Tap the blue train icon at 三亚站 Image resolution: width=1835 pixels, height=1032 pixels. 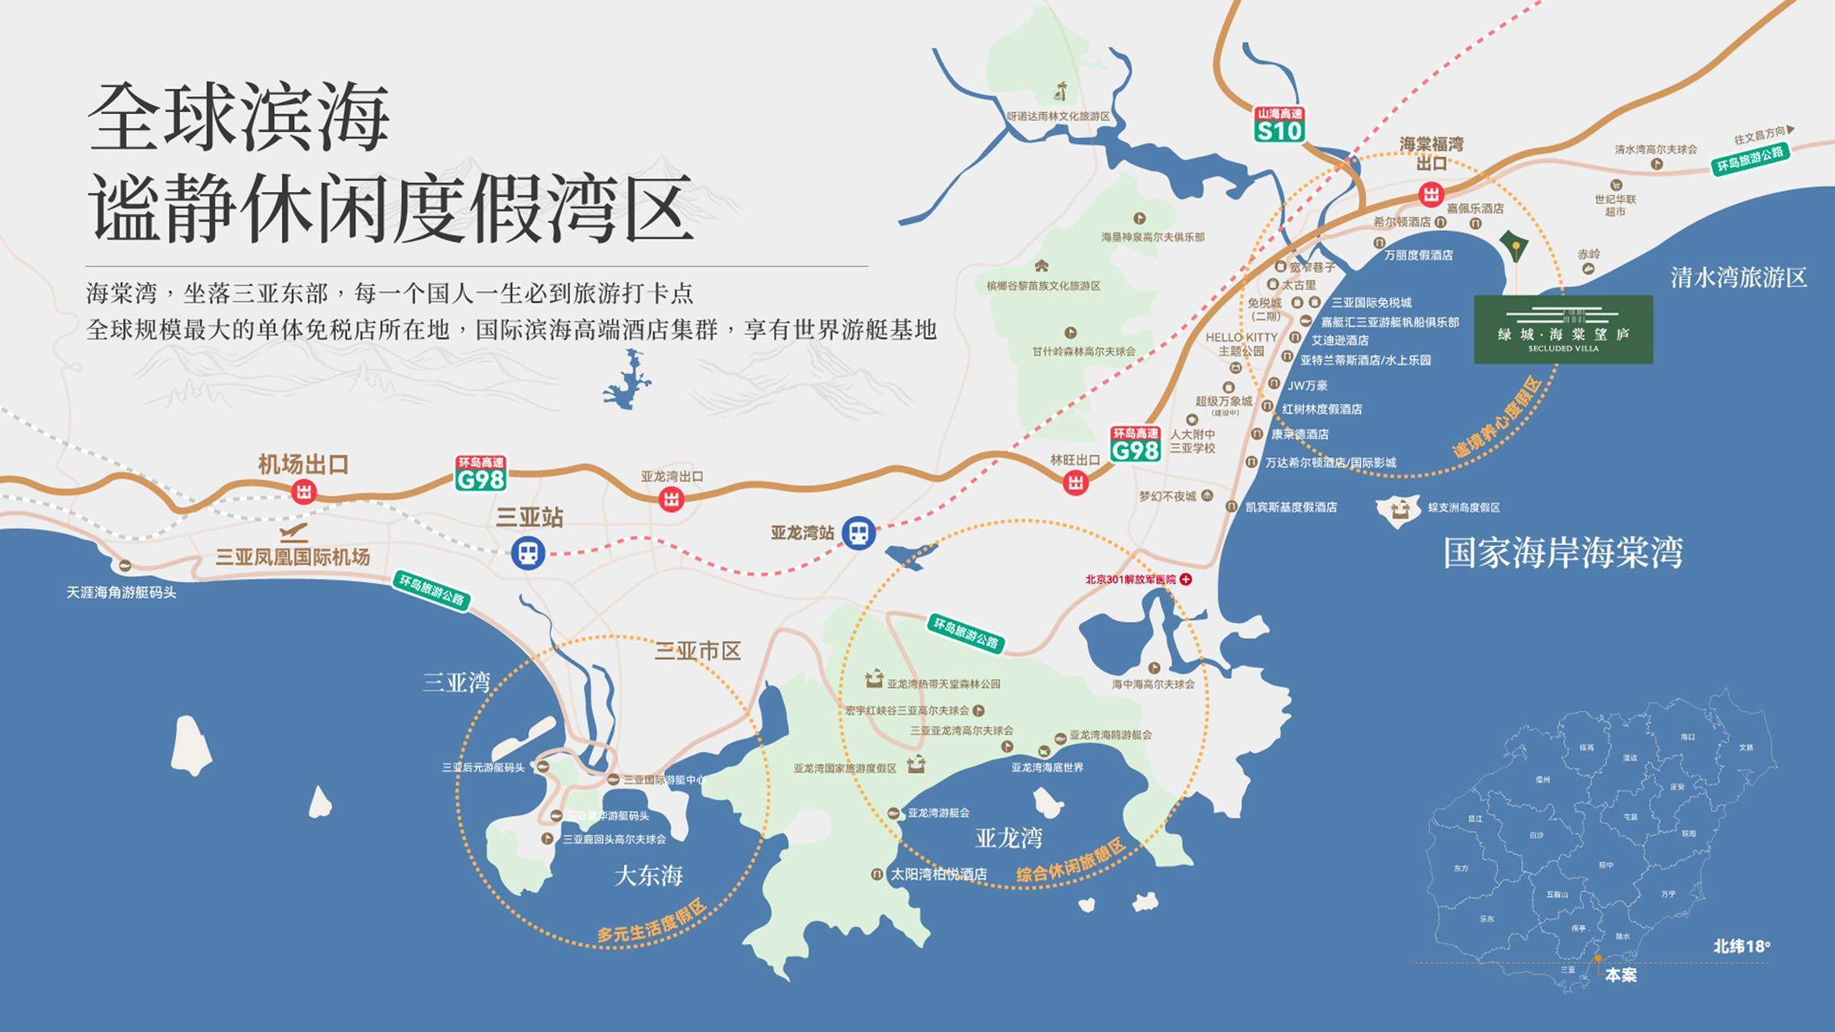point(528,553)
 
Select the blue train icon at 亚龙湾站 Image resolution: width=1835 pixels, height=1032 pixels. point(859,533)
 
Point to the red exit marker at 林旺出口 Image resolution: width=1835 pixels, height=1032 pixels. point(1076,483)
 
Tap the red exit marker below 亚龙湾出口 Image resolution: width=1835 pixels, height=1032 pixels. point(672,499)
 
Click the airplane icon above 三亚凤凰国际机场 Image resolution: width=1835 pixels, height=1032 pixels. point(294,533)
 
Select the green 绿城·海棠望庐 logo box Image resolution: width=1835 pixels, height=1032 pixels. point(1563,329)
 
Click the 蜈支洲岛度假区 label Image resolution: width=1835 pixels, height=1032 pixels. point(1464,507)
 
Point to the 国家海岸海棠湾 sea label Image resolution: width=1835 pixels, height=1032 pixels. point(1562,554)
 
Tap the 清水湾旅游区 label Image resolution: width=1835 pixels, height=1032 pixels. point(1738,278)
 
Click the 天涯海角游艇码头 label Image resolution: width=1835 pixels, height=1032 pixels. point(121,593)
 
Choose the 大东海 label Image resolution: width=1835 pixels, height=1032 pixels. point(648,876)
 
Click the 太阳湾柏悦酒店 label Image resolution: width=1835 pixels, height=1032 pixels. point(938,874)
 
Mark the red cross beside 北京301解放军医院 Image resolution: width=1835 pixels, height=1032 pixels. point(1186,579)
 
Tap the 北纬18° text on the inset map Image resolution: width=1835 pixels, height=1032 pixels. point(1742,947)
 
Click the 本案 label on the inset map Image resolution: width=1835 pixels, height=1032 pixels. point(1621,975)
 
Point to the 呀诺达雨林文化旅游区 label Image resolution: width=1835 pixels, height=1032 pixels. point(1058,116)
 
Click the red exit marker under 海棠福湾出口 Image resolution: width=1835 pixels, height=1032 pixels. point(1431,194)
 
